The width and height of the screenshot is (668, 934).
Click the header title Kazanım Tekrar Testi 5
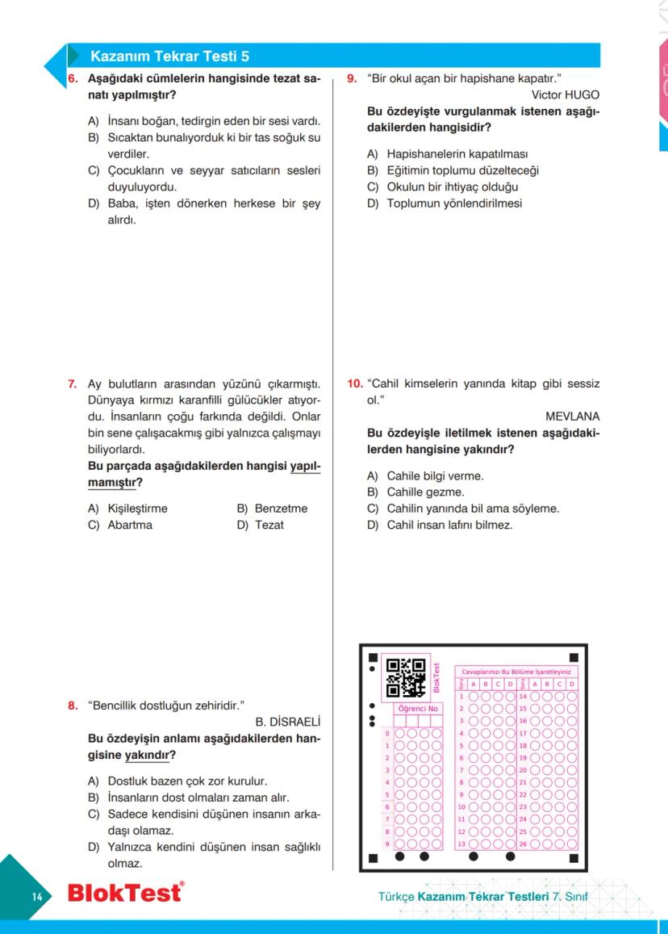tap(170, 57)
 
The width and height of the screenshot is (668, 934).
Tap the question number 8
tap(72, 705)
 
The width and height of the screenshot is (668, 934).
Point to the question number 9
tap(352, 79)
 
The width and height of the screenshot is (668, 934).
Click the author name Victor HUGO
tap(566, 94)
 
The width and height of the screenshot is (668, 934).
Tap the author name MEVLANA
tap(573, 417)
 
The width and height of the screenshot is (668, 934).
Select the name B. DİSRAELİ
tap(288, 721)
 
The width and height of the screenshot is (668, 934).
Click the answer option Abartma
tap(129, 525)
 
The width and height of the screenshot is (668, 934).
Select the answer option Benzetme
tap(281, 509)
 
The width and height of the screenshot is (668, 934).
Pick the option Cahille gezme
tap(425, 492)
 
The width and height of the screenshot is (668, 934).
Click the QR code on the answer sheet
tap(406, 677)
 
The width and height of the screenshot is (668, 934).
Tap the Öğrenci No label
tap(417, 709)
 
